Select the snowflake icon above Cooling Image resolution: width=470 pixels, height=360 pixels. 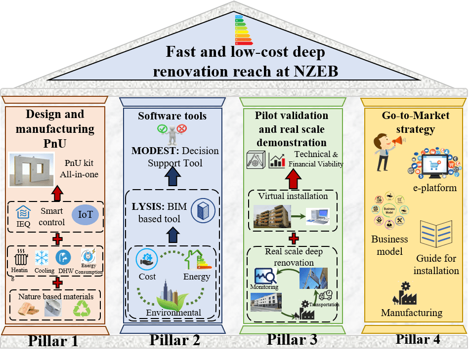pyautogui.click(x=42, y=258)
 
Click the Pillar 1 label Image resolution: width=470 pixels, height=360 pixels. pyautogui.click(x=53, y=341)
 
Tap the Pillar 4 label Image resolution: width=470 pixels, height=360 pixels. pyautogui.click(x=418, y=339)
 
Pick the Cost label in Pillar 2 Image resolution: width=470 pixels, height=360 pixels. pyautogui.click(x=147, y=277)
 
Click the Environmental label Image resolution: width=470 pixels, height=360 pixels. pyautogui.click(x=173, y=313)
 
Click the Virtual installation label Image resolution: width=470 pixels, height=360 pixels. pyautogui.click(x=293, y=196)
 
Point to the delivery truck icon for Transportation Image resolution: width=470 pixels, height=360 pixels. pyautogui.click(x=326, y=295)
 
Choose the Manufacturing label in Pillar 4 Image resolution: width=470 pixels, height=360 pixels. pyautogui.click(x=412, y=313)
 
